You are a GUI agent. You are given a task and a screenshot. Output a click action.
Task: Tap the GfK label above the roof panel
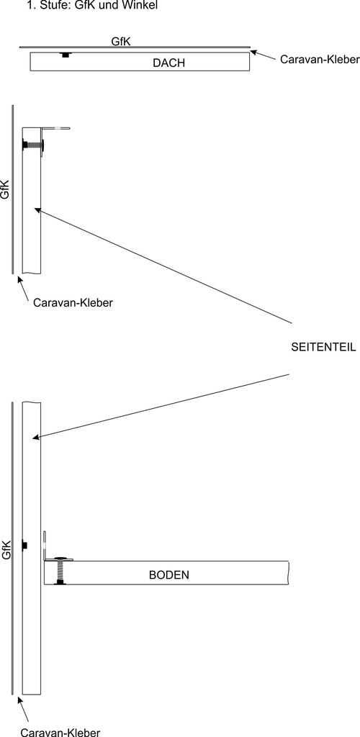click(x=121, y=41)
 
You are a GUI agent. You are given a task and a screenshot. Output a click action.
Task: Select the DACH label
click(x=168, y=63)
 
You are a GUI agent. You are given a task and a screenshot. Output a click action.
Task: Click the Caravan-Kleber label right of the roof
click(x=320, y=59)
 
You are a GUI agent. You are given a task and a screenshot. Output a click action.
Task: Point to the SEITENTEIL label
click(x=323, y=348)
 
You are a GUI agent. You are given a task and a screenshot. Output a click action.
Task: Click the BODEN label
click(x=169, y=574)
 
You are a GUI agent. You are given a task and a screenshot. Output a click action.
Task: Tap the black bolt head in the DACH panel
click(x=66, y=55)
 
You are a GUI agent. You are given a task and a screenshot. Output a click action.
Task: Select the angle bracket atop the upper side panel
click(x=55, y=128)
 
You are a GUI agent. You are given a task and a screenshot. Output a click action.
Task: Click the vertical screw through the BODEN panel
click(x=60, y=571)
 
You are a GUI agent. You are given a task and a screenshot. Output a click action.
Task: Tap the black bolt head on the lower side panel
click(x=25, y=545)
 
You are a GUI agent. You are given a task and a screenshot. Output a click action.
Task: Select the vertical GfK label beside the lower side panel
click(x=6, y=549)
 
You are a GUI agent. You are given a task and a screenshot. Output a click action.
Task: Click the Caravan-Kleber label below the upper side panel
click(x=73, y=302)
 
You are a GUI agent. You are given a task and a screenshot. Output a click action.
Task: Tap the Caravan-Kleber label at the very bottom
click(x=60, y=732)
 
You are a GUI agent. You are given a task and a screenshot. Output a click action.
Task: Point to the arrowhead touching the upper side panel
click(x=37, y=210)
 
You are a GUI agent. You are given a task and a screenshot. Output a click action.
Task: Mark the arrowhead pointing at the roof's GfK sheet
click(x=253, y=52)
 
